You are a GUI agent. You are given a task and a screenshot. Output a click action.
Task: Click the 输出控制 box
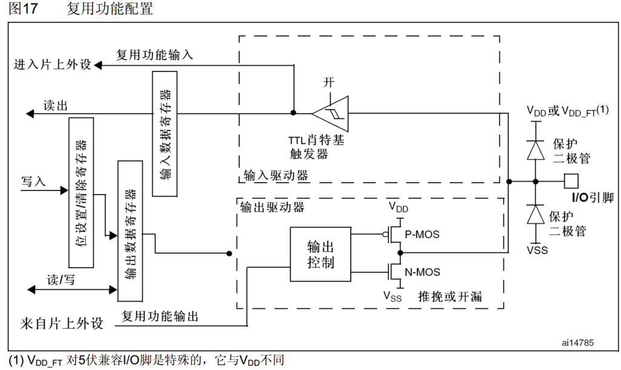[320, 255]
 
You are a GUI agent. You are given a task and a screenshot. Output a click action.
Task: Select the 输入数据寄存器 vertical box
[165, 133]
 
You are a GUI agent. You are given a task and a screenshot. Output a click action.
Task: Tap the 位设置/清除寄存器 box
[82, 193]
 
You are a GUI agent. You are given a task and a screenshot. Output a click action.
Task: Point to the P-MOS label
[422, 234]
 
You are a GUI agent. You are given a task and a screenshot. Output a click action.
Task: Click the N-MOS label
[422, 272]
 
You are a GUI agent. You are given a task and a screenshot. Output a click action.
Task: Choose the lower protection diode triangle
[535, 214]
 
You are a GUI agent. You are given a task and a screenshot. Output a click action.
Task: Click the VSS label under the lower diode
[535, 249]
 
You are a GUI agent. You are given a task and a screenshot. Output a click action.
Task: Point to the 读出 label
[55, 105]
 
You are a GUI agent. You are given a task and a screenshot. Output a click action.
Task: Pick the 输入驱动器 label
[276, 176]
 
